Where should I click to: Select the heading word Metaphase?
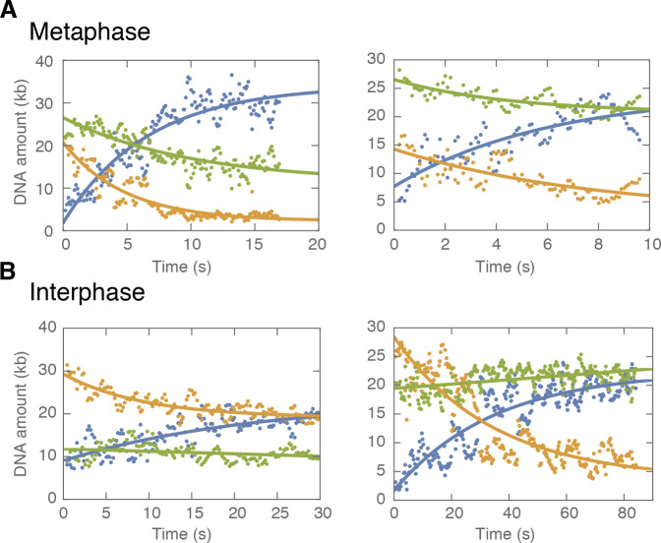click(x=89, y=31)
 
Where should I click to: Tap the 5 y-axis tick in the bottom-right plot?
click(x=381, y=470)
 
